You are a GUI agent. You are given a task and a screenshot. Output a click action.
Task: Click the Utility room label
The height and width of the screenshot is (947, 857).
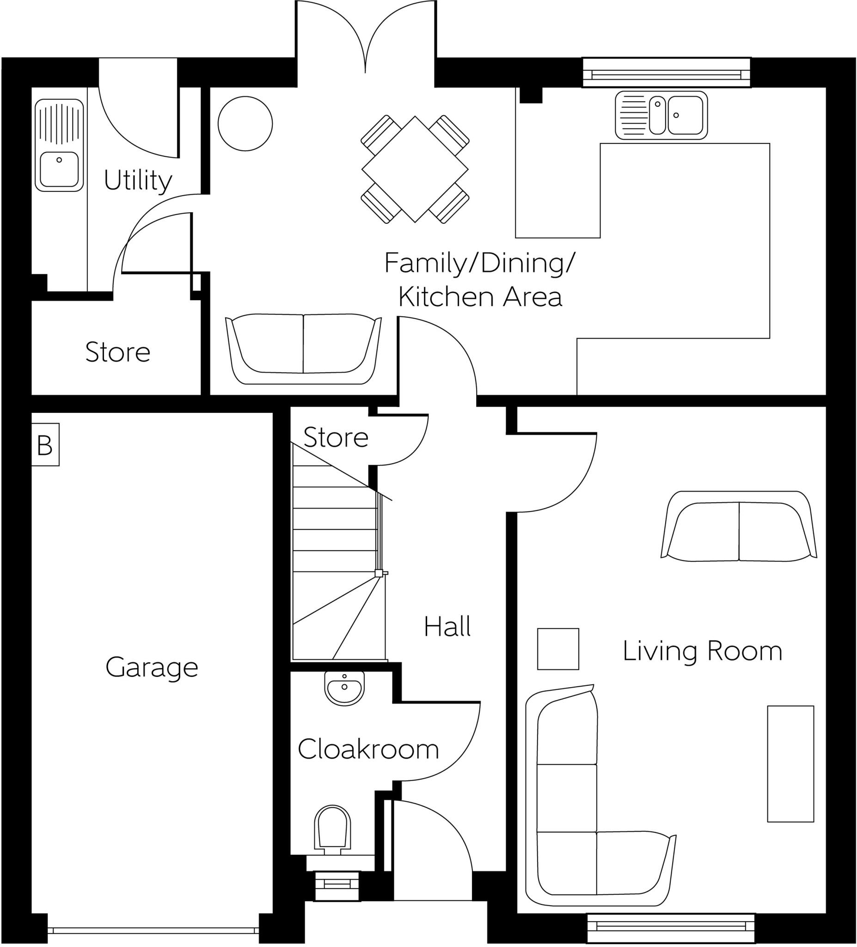(x=138, y=180)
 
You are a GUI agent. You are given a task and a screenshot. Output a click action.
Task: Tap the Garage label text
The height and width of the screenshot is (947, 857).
(x=152, y=668)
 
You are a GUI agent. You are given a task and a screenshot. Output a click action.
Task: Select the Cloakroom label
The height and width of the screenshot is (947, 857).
(x=368, y=749)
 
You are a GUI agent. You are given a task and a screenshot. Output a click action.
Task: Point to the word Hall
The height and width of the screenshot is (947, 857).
(x=447, y=627)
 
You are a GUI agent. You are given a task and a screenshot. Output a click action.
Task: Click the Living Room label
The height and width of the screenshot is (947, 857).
(x=702, y=651)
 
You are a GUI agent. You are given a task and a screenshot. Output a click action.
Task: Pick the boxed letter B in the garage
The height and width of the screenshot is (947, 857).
(x=45, y=445)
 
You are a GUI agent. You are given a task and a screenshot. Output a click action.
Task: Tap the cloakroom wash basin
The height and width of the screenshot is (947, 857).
(x=344, y=688)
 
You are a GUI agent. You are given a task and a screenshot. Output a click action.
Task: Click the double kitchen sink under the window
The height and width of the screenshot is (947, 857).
(x=661, y=115)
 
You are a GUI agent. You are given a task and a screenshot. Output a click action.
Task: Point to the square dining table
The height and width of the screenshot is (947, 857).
(x=415, y=169)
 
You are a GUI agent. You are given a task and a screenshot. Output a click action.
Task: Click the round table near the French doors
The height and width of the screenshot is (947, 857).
(x=245, y=123)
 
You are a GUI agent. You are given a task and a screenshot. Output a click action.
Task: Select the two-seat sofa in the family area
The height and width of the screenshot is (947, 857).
(x=303, y=348)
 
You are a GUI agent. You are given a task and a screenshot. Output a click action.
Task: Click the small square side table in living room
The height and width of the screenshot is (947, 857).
(x=558, y=649)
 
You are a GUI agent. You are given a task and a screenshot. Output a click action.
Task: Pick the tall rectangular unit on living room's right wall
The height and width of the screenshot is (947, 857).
(x=790, y=764)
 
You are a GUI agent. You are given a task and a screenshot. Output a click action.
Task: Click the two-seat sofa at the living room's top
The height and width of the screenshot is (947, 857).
(x=739, y=528)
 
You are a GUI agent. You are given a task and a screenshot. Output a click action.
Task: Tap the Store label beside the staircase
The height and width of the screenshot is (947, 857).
(x=336, y=437)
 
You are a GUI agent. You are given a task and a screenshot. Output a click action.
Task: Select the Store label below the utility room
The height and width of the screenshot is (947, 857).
(x=117, y=352)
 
